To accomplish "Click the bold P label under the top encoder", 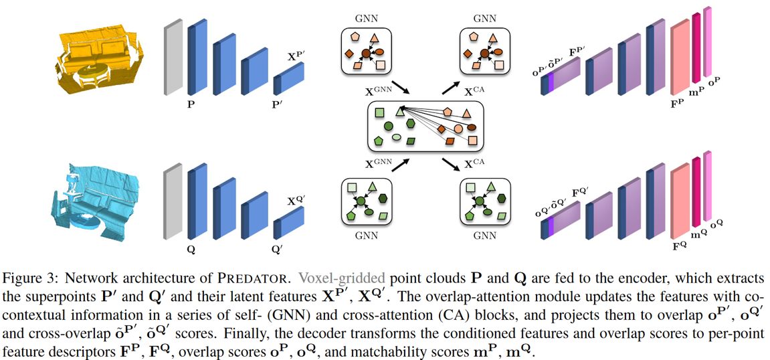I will click(191, 105).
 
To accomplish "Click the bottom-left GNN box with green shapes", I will click(367, 201).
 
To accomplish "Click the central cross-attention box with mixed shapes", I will click(425, 126).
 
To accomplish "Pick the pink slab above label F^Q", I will click(680, 200).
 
